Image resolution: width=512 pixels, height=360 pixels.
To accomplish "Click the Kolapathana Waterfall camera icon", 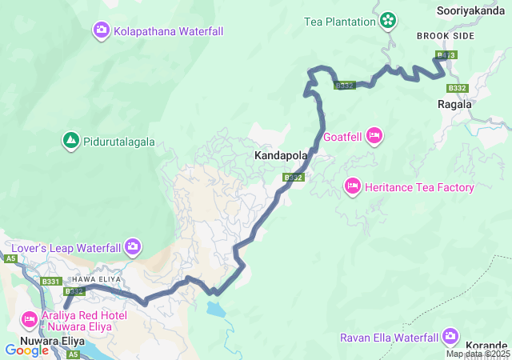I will (102, 31).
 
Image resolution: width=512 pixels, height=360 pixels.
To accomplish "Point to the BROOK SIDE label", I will (446, 37).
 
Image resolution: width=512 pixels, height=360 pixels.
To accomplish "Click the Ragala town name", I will (454, 104).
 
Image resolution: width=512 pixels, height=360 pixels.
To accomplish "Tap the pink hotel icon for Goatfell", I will (373, 137).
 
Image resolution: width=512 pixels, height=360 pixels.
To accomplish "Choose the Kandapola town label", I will (278, 154).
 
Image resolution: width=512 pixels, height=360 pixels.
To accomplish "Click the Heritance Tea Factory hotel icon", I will (352, 187).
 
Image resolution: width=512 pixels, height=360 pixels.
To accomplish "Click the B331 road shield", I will (51, 282).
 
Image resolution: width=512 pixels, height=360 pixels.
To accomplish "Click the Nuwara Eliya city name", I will (52, 340).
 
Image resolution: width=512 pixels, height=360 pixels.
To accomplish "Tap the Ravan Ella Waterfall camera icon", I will (450, 336).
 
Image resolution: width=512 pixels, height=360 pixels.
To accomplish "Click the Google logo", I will (26, 350).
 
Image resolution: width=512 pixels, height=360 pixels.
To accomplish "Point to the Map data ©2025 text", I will (477, 354).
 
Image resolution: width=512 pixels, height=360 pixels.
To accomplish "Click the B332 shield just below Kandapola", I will (294, 178).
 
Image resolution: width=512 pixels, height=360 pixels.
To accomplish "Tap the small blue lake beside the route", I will (214, 306).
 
